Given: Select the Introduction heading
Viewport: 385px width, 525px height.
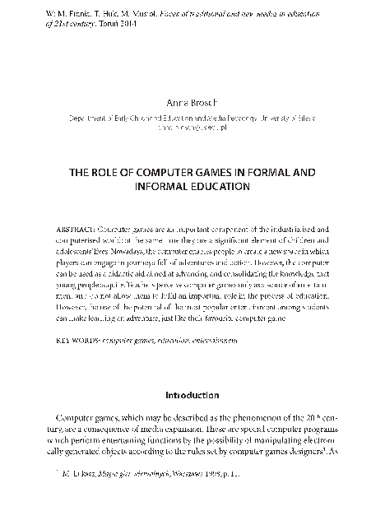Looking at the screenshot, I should tap(192, 394).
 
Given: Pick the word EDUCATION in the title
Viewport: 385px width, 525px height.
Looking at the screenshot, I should tap(225, 187).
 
